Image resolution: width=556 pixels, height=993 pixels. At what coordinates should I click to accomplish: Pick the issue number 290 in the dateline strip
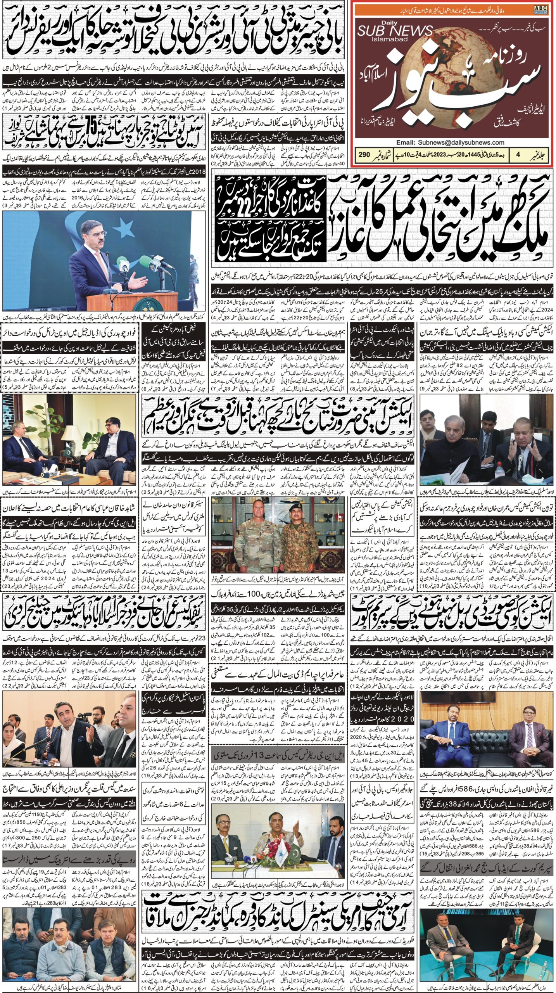tap(363, 154)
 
